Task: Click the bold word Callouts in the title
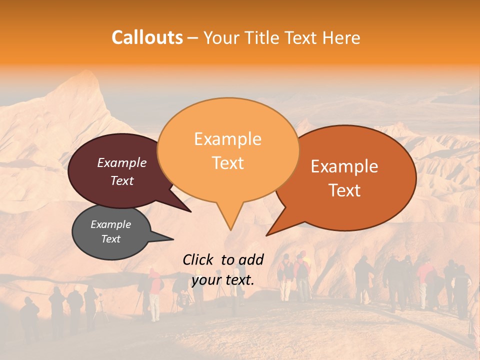(147, 37)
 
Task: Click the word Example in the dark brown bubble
(121, 162)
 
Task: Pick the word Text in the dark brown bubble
(121, 180)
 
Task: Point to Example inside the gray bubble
(110, 224)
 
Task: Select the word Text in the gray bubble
(110, 239)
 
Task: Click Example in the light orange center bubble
(227, 139)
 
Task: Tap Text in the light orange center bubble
(227, 163)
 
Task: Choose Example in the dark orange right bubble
(344, 166)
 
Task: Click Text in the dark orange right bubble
(344, 190)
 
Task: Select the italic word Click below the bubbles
(197, 259)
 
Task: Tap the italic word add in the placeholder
(251, 259)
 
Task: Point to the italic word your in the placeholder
(206, 280)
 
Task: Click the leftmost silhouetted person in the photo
(29, 317)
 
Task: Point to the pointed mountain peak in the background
(90, 73)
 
